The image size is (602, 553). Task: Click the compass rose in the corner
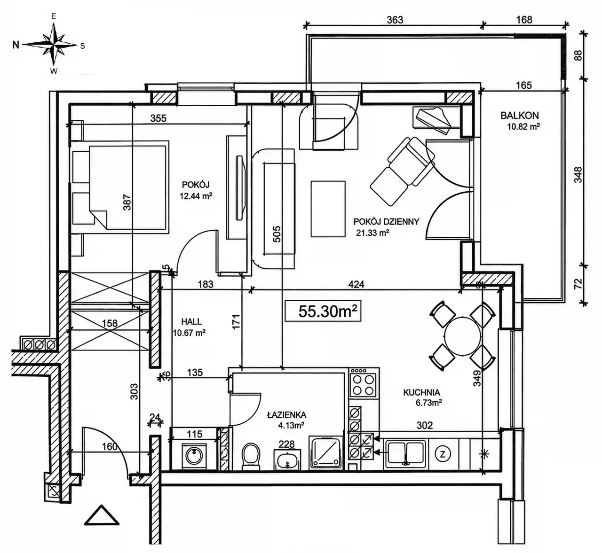click(54, 44)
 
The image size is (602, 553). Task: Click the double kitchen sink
click(406, 454)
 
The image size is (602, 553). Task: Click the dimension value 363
click(395, 20)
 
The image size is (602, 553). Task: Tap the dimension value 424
click(356, 284)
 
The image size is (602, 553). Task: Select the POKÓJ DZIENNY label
click(386, 222)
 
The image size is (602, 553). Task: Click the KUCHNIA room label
click(421, 392)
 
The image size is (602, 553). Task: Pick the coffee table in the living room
click(328, 209)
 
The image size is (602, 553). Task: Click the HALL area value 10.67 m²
click(190, 333)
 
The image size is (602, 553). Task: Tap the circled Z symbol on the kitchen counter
click(443, 454)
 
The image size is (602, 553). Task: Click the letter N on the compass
click(16, 45)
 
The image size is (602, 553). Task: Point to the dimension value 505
click(277, 234)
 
